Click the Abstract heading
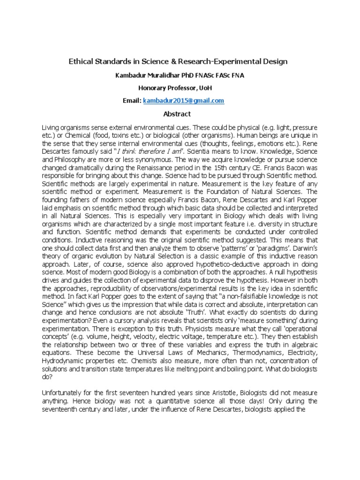(177, 114)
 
